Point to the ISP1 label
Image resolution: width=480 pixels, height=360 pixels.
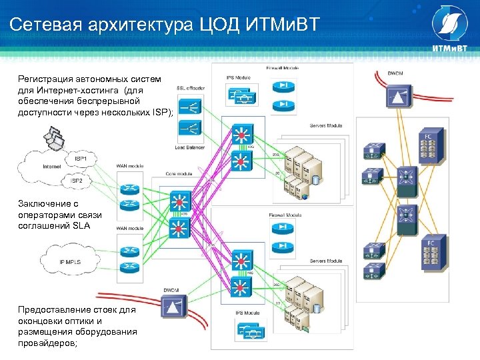[x=80, y=159]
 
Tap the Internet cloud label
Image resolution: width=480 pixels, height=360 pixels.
[x=51, y=165]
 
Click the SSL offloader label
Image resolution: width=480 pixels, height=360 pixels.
[x=191, y=88]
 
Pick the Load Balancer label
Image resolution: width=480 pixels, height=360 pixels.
[x=191, y=148]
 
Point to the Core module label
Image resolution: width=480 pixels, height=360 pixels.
[x=179, y=174]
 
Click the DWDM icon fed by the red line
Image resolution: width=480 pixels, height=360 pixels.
[x=173, y=308]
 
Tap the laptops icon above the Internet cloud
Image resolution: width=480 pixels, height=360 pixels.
[x=55, y=139]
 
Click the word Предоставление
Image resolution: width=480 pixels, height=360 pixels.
[x=55, y=310]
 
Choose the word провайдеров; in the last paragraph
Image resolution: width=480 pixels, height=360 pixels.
[x=48, y=343]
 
